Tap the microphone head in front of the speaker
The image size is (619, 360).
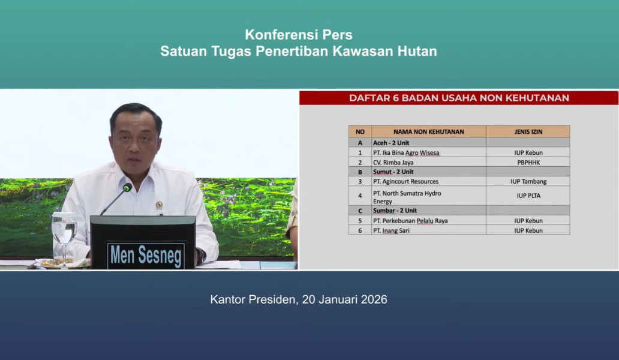click(x=127, y=188)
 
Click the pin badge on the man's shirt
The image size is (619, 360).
click(x=159, y=205)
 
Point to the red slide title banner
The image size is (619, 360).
click(x=459, y=98)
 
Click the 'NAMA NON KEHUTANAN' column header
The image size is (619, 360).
click(x=428, y=131)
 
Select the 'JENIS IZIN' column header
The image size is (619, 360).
click(x=528, y=131)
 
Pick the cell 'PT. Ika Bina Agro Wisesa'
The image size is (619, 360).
click(x=406, y=152)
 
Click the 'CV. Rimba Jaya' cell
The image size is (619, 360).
click(x=393, y=162)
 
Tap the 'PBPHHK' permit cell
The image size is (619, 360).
click(x=528, y=162)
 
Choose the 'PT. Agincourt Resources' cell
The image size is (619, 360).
click(x=405, y=181)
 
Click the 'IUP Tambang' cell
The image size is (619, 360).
click(x=528, y=181)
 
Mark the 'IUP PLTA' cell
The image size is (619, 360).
click(x=528, y=196)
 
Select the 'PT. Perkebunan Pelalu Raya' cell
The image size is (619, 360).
click(x=410, y=221)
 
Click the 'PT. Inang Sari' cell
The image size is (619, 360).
click(x=391, y=230)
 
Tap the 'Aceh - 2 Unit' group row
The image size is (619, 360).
click(x=391, y=143)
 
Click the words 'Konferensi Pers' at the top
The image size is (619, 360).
click(x=299, y=35)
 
